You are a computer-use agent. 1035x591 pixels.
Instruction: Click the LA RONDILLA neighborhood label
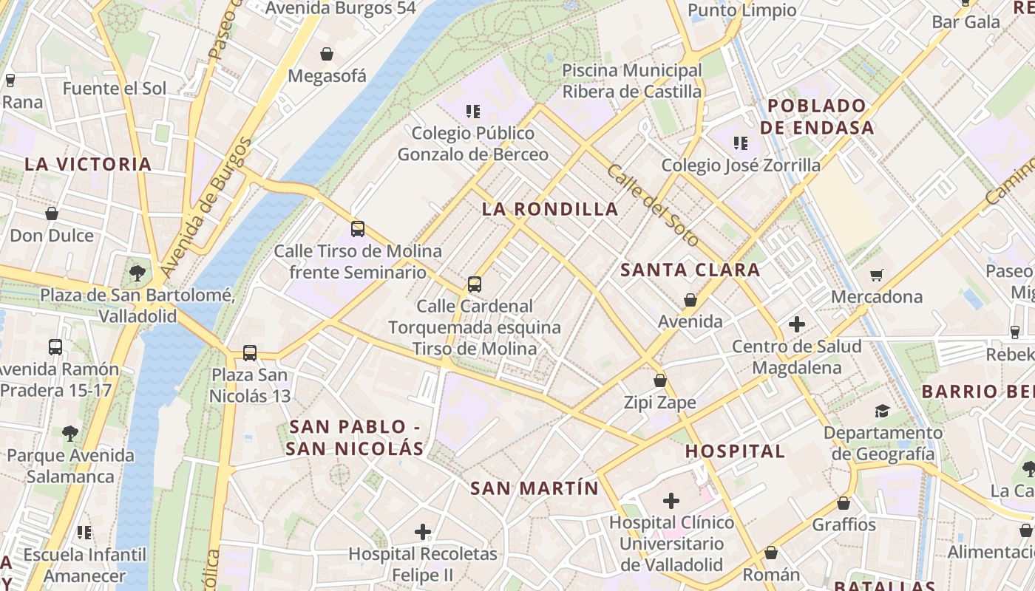pyautogui.click(x=550, y=209)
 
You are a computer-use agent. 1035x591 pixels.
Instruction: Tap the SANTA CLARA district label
pyautogui.click(x=690, y=270)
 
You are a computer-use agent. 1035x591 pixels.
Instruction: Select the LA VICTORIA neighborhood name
pyautogui.click(x=88, y=164)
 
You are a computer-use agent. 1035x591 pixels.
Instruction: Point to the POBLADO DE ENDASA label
pyautogui.click(x=817, y=116)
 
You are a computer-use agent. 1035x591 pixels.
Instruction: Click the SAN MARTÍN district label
pyautogui.click(x=535, y=488)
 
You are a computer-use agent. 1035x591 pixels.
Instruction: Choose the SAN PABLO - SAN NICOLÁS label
pyautogui.click(x=356, y=437)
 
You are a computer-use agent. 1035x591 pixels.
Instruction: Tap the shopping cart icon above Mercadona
pyautogui.click(x=877, y=275)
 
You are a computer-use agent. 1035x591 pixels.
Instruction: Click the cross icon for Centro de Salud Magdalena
pyautogui.click(x=796, y=324)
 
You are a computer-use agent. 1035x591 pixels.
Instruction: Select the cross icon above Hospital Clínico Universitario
pyautogui.click(x=671, y=501)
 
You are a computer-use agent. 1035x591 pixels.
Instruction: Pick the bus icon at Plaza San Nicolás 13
pyautogui.click(x=250, y=353)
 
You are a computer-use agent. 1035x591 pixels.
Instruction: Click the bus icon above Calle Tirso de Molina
pyautogui.click(x=358, y=229)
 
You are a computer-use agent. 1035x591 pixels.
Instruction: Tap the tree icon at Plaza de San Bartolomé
pyautogui.click(x=137, y=273)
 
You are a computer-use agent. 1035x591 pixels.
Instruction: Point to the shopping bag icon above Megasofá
pyautogui.click(x=326, y=54)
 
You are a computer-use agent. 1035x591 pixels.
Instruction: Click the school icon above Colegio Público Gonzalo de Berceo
pyautogui.click(x=473, y=112)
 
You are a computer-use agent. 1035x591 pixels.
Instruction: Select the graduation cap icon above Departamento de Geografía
pyautogui.click(x=882, y=411)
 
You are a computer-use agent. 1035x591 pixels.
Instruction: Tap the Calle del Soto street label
pyautogui.click(x=653, y=205)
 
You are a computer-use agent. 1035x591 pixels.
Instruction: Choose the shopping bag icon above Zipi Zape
pyautogui.click(x=660, y=380)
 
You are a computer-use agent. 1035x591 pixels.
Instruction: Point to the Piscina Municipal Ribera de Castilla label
pyautogui.click(x=632, y=81)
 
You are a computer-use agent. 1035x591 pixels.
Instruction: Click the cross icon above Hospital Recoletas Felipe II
pyautogui.click(x=423, y=531)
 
